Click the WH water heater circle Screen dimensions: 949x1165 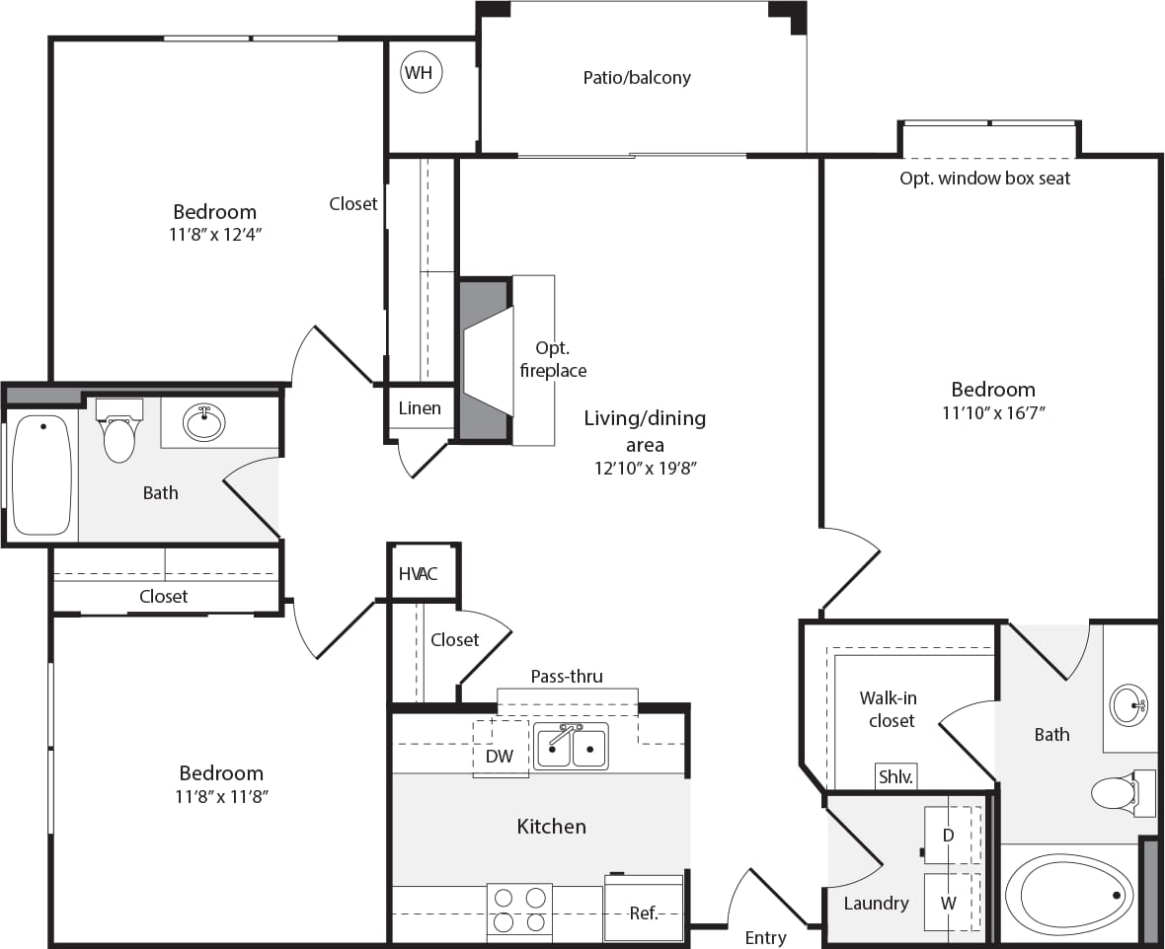coord(422,73)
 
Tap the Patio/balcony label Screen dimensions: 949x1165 coord(637,77)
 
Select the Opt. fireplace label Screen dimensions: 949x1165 coord(560,360)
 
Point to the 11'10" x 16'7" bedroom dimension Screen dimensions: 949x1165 coord(992,413)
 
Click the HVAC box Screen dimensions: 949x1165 coord(419,574)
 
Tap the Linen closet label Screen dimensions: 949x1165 coord(420,408)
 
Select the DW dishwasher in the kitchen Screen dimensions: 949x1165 coord(500,756)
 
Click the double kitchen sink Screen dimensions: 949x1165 coord(571,746)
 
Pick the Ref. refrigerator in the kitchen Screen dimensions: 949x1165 coord(643,912)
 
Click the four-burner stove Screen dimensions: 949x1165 coord(519,911)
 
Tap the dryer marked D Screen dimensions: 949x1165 coord(949,836)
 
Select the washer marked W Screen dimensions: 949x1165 coord(949,902)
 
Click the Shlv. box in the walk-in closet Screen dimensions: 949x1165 coord(895,777)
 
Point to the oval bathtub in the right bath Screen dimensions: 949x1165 coord(1070,895)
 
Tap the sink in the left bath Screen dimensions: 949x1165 coord(204,422)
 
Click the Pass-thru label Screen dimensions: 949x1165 coord(567,677)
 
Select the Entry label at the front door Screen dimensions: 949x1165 coord(765,937)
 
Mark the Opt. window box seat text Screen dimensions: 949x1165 coord(984,179)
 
